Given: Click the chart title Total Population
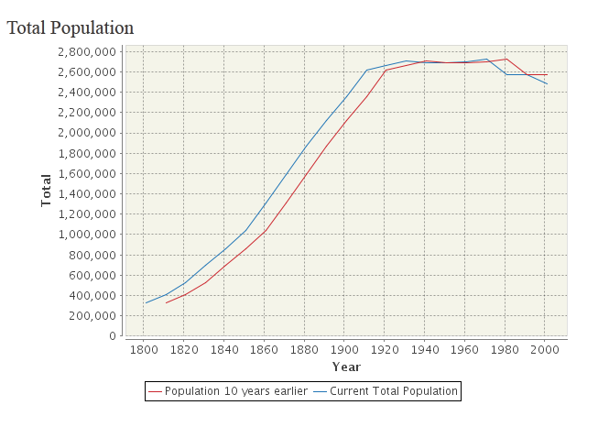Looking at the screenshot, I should coord(71,28).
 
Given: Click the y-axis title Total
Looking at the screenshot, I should coord(46,189).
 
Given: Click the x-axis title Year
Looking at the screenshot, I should coord(346,367).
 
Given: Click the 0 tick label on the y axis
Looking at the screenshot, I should coord(110,336).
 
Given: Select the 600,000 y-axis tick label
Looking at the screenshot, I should coord(91,275).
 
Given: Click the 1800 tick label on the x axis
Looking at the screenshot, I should coord(144,349).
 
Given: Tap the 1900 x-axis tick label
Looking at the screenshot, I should coord(344,349).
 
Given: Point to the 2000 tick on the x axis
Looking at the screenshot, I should coord(546,349).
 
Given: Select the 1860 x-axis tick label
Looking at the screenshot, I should coord(264,349).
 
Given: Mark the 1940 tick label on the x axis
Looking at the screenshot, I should coord(425,349).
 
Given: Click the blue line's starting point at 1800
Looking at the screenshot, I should coord(145,303).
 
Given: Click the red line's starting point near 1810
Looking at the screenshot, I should coord(166,302).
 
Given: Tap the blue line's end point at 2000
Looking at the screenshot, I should coord(547,84).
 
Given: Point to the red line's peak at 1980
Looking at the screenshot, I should coord(506,59).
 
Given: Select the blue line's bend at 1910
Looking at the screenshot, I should coord(366,71).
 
